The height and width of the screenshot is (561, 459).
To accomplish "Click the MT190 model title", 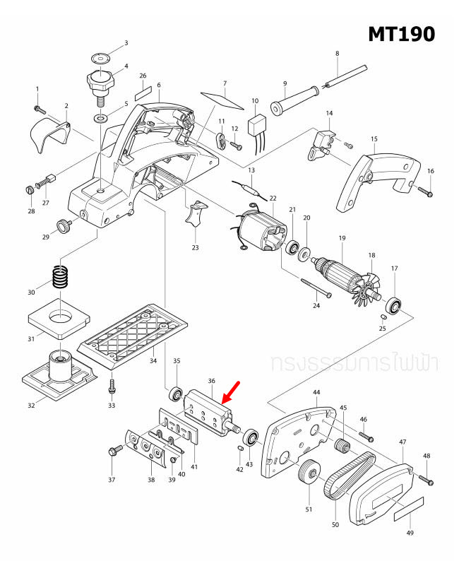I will click(401, 33).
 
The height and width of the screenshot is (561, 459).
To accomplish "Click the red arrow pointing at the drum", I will click(232, 392).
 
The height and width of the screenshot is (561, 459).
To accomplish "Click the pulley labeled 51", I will click(307, 471).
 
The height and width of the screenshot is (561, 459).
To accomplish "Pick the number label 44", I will click(316, 392).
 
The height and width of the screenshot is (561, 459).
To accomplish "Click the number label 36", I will click(211, 381).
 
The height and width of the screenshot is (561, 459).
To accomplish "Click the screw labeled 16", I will click(424, 191).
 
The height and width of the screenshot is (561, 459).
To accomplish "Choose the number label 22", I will click(273, 199).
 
